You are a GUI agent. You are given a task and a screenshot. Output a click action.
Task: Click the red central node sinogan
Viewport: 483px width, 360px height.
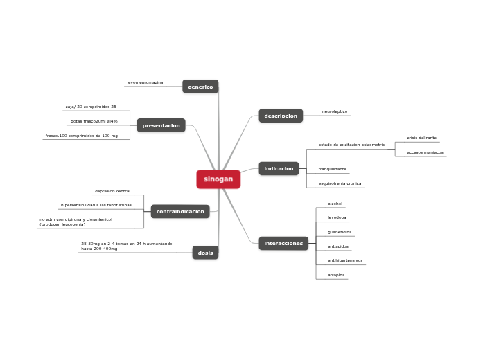pos(218,179)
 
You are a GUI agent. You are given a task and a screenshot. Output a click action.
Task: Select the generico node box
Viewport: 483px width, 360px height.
pos(200,87)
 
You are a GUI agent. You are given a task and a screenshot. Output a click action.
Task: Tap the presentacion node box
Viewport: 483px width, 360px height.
pos(161,125)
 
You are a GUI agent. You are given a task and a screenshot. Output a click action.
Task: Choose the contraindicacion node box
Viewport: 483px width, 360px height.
pos(180,211)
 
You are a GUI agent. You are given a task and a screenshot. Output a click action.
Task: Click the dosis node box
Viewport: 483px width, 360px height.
pos(205,253)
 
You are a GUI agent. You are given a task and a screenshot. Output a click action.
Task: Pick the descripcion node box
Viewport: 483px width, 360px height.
pos(281,116)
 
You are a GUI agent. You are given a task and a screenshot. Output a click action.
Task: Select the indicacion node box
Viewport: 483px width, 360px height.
pos(279,168)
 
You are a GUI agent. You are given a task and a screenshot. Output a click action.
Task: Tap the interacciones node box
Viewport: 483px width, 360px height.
pos(283,244)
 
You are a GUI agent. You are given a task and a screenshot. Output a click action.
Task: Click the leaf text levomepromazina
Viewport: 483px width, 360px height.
pos(145,82)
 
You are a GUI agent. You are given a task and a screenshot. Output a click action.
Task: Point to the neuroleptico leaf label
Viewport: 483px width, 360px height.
pos(335,111)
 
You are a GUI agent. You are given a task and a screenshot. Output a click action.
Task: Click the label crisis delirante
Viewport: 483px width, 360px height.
pos(421,138)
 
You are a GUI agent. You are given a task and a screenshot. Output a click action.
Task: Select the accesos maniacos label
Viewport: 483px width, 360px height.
pos(425,152)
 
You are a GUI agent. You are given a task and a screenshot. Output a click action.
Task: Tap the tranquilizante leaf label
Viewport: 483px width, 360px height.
pos(332,169)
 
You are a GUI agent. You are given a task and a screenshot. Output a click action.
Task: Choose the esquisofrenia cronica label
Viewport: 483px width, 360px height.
pos(340,183)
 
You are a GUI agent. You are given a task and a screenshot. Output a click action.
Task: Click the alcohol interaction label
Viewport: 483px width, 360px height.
pos(335,204)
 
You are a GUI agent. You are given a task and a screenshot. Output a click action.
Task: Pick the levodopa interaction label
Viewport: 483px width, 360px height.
pos(337,217)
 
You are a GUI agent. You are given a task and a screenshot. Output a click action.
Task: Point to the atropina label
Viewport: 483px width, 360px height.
pos(337,275)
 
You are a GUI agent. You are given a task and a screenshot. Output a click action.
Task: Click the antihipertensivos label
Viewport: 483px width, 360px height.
pos(345,260)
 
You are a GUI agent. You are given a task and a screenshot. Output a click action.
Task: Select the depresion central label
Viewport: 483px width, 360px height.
pos(112,191)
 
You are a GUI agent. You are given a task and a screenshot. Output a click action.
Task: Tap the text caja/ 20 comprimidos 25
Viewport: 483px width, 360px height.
pos(91,107)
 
